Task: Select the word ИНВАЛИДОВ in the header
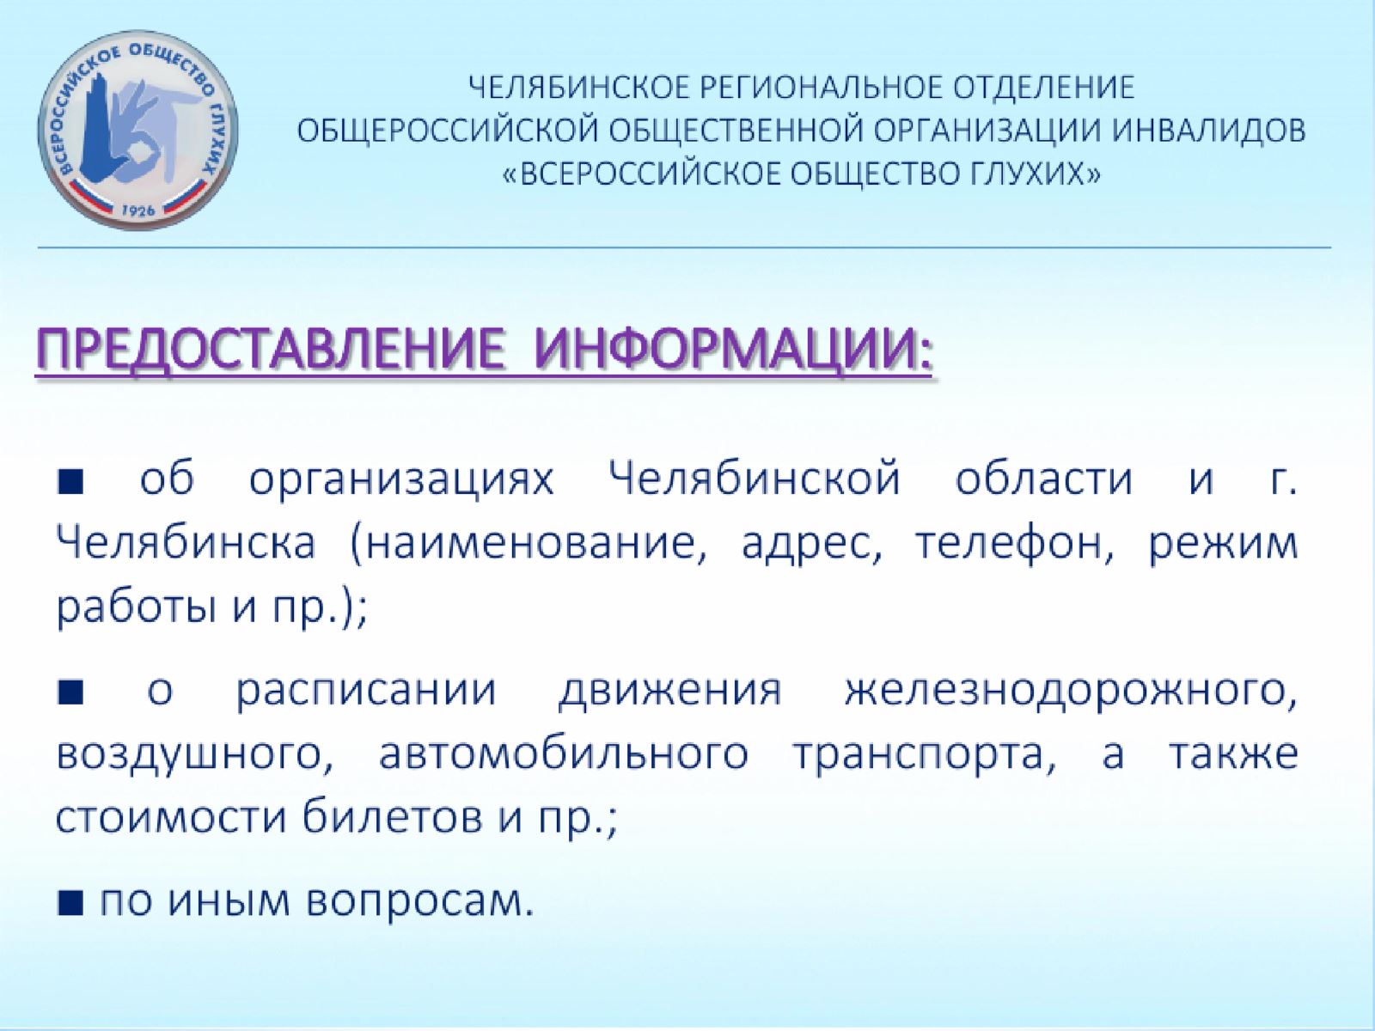click(1213, 131)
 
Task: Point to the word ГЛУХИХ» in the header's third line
click(1036, 174)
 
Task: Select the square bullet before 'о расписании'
click(70, 693)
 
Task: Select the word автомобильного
click(563, 755)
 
